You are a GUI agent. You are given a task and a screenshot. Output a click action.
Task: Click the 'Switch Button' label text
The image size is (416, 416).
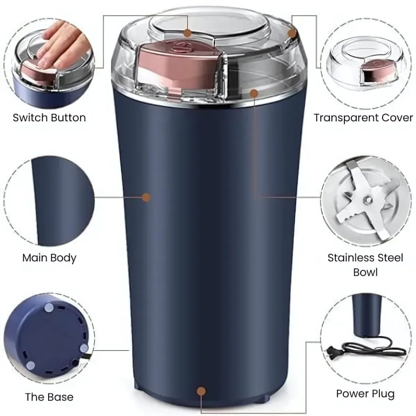click(x=49, y=117)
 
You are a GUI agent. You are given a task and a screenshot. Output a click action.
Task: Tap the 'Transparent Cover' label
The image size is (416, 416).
click(x=363, y=117)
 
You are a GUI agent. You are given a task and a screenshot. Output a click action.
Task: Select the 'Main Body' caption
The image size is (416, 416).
click(x=49, y=258)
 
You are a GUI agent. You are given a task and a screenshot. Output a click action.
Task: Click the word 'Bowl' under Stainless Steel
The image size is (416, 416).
click(x=365, y=272)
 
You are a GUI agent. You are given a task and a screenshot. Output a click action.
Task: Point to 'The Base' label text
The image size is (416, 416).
click(x=49, y=397)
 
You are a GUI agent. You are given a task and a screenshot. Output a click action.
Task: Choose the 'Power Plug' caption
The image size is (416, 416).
click(x=365, y=394)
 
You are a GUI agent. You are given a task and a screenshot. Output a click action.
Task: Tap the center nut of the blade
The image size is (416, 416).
click(x=367, y=200)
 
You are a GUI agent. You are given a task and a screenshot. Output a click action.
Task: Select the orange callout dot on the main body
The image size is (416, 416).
click(x=146, y=197)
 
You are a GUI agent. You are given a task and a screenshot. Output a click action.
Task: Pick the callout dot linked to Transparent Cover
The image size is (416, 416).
click(x=292, y=34)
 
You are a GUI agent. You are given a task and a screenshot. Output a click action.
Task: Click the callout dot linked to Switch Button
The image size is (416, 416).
click(x=188, y=33)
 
